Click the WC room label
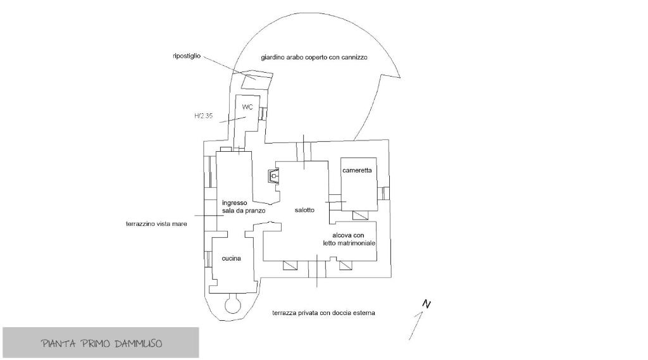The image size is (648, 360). point(247,107)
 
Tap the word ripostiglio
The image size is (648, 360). point(187,56)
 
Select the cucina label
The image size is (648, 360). point(232,258)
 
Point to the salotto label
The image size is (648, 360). point(304,210)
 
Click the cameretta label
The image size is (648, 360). point(357,170)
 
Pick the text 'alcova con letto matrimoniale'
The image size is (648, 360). point(349,239)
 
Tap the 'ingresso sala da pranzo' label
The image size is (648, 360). point(244,207)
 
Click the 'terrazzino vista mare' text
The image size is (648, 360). point(156,224)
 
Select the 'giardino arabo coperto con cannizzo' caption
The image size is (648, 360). point(314,58)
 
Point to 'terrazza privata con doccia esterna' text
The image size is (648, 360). point(323,313)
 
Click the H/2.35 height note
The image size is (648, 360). point(203,116)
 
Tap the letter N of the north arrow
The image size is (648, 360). point(427,304)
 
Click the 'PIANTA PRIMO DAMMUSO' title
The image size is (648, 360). point(102,344)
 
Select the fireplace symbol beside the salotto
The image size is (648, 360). point(273,176)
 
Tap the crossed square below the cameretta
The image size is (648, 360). point(360,215)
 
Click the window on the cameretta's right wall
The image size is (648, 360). point(385,192)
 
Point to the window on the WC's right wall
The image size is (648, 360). point(263,114)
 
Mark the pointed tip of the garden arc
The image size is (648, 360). point(400,77)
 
